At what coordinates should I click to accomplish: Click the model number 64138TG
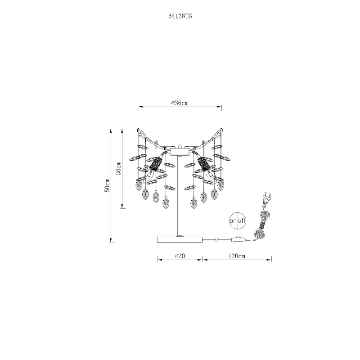click(180, 16)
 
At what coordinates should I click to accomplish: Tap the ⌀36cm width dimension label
click(180, 103)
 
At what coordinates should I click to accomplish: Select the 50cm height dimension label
click(107, 185)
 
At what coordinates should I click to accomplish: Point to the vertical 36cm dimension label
click(118, 168)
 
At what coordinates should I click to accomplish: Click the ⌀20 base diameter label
click(180, 256)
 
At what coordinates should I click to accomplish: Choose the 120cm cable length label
click(237, 256)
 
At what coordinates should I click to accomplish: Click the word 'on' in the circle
click(233, 221)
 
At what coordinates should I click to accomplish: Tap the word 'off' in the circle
click(242, 220)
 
